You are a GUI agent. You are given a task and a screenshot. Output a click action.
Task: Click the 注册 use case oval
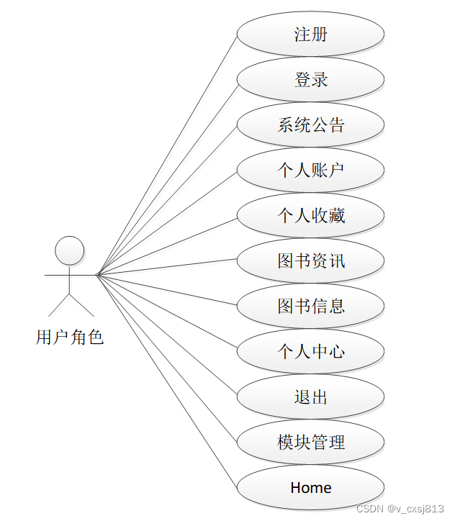click(x=310, y=34)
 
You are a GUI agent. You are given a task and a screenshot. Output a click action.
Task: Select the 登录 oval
click(x=310, y=79)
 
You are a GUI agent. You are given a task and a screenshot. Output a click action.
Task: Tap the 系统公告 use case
click(x=310, y=124)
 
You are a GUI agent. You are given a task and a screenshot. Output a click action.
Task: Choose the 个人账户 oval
click(x=310, y=170)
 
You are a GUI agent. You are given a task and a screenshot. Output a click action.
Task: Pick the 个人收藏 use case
click(x=310, y=215)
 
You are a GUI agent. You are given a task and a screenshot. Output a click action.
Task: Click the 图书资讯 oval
click(x=310, y=260)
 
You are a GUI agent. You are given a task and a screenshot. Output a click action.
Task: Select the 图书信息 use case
click(x=310, y=306)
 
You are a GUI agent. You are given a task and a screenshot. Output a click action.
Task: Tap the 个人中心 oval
click(x=310, y=351)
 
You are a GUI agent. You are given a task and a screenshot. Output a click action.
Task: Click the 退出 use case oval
click(x=310, y=397)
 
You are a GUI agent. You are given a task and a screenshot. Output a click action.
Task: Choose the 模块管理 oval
click(x=310, y=442)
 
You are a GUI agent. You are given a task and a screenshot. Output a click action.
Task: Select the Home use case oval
click(x=310, y=487)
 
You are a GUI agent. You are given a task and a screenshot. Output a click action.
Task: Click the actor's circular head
click(x=70, y=250)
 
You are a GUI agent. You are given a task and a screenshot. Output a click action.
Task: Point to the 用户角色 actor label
click(x=70, y=337)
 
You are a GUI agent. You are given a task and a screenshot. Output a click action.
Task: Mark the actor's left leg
click(x=59, y=305)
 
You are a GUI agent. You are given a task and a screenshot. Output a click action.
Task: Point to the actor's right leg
click(x=81, y=305)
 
